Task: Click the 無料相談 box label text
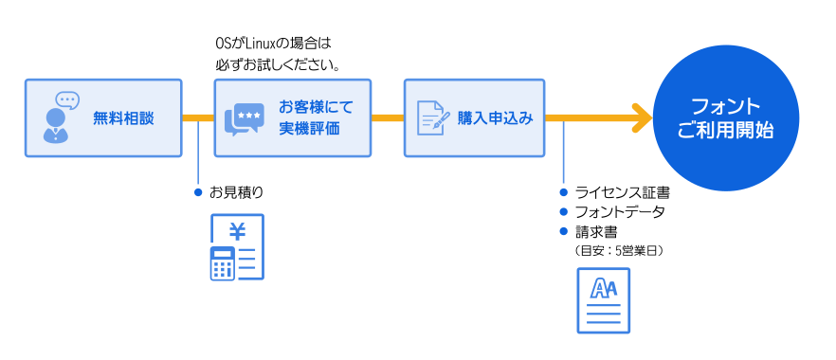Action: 122,118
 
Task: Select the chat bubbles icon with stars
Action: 244,119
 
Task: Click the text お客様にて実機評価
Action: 309,118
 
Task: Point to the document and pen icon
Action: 433,118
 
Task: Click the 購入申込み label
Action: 495,118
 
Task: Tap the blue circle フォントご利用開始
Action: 726,117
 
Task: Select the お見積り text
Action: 236,192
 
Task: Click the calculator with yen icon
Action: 236,247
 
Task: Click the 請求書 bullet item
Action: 596,231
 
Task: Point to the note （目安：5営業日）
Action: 618,250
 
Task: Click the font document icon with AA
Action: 603,300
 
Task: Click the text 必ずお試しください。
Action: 278,66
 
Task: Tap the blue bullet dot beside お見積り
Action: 198,192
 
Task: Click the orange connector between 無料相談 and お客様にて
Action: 198,118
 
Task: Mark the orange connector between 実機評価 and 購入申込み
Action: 388,118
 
